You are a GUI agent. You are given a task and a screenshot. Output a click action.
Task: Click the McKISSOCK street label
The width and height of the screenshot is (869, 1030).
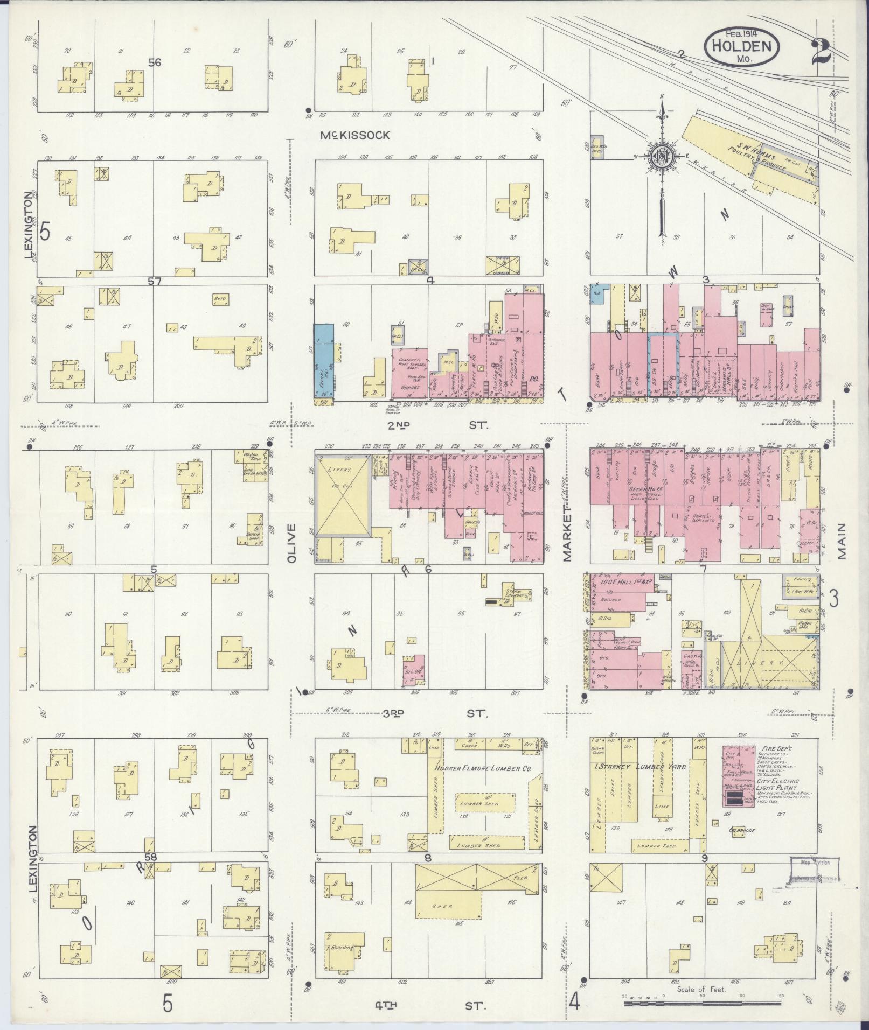pyautogui.click(x=354, y=136)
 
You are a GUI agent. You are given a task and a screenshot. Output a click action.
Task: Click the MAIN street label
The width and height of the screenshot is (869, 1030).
pyautogui.click(x=842, y=542)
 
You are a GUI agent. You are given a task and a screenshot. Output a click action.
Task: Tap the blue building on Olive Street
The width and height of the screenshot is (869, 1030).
pyautogui.click(x=324, y=362)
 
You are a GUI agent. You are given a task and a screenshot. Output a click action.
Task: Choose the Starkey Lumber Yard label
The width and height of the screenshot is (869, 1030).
pyautogui.click(x=641, y=766)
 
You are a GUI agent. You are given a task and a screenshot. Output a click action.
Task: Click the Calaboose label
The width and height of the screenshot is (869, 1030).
pyautogui.click(x=742, y=830)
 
